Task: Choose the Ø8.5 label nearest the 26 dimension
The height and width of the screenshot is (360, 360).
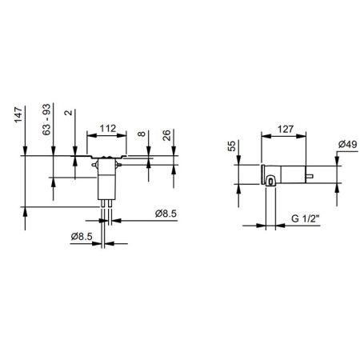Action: coord(166,214)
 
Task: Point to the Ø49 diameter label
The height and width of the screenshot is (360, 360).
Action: coord(346,144)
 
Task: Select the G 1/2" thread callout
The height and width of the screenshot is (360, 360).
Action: coord(306,218)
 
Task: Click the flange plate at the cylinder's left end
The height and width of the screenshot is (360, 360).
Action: coord(262,174)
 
